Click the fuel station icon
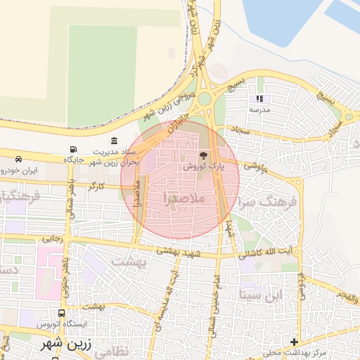72,149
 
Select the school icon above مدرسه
259,99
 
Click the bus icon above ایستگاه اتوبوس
62,313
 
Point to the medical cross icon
294,342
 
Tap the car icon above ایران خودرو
18,159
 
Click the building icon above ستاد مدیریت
115,141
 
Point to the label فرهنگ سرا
269,201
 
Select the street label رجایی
52,239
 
